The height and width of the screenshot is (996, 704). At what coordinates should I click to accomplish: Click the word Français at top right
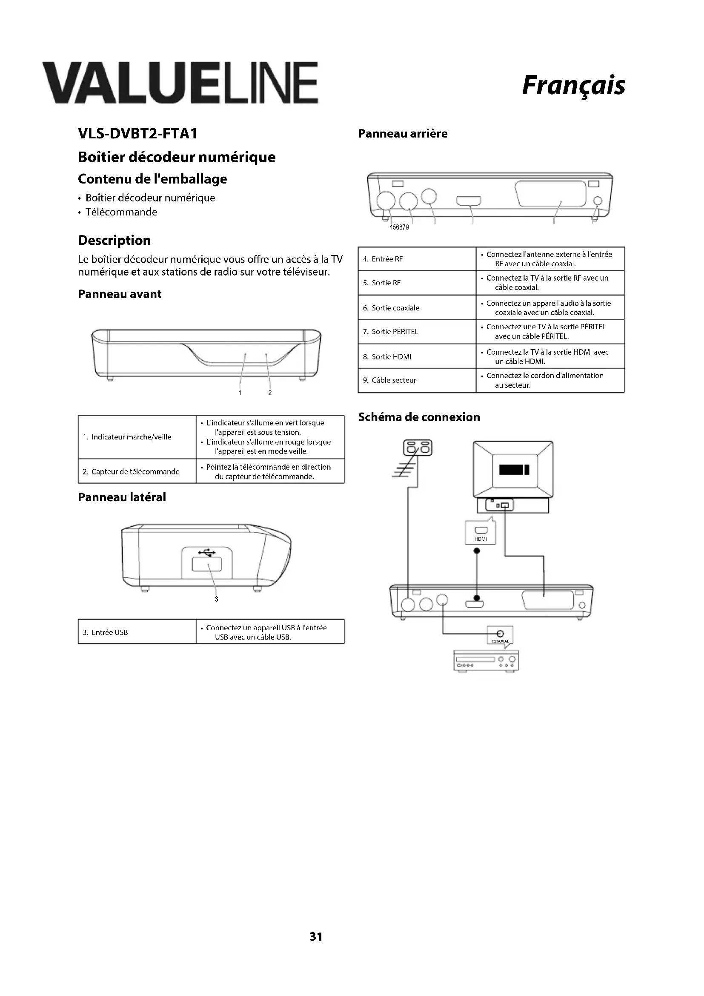573,86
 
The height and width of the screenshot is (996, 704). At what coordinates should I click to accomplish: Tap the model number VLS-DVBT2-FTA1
137,134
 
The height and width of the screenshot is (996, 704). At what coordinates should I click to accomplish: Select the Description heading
114,240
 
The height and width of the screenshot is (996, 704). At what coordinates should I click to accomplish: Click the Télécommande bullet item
121,212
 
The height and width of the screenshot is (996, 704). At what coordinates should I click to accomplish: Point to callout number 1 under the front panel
240,393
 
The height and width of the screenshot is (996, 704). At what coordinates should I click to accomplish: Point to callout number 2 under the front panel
269,393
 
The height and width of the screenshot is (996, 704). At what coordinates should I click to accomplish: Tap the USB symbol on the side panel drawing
207,552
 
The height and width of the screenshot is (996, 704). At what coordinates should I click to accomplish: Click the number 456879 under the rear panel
399,227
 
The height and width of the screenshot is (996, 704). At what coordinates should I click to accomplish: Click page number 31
315,949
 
